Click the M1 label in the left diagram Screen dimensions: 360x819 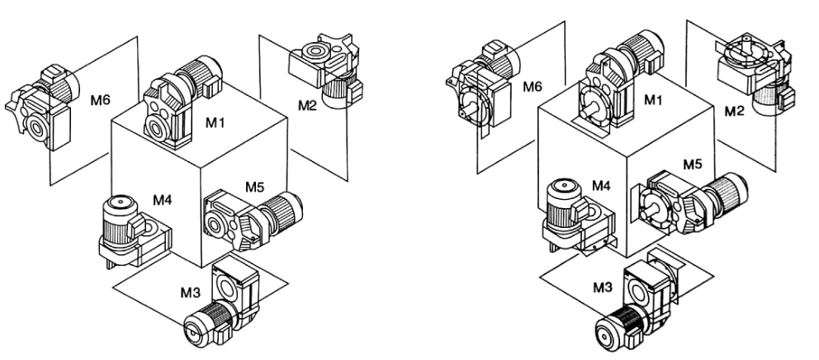click(x=216, y=121)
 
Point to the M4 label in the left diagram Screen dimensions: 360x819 click(x=163, y=199)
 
